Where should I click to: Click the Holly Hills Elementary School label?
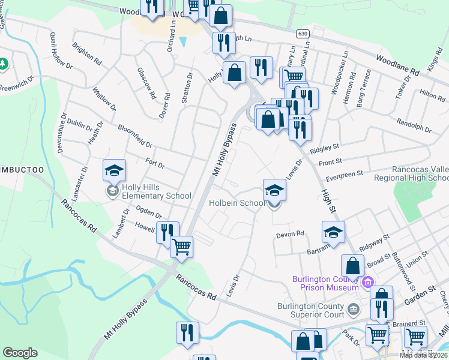pos(157,191)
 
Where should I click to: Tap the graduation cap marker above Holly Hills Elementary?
pos(114,171)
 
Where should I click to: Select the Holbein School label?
pos(237,203)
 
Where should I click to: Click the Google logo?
pos(20,353)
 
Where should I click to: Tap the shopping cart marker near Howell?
pos(181,247)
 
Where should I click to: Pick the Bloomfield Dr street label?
pos(135,136)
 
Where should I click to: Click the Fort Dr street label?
pos(155,163)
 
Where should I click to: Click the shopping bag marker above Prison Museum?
pos(354,266)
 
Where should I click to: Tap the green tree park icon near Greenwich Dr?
pos(4,63)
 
